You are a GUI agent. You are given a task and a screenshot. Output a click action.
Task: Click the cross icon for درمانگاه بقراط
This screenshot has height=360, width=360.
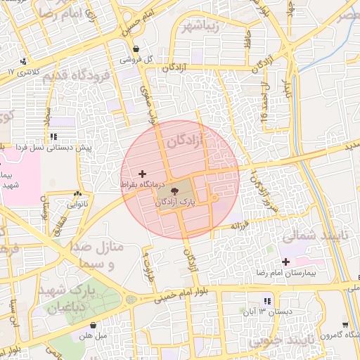tap(142, 173)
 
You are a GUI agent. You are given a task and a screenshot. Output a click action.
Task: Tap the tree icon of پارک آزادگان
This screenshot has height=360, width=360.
tap(172, 190)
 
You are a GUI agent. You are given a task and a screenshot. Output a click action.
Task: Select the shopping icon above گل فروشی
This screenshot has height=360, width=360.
tap(136, 49)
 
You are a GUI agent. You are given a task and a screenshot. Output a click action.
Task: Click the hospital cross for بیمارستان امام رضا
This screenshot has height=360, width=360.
tap(285, 262)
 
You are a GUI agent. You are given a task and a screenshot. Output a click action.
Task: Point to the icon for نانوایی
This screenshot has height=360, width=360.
tap(77, 194)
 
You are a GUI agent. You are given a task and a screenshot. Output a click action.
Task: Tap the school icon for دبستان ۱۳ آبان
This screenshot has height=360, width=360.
tap(266, 300)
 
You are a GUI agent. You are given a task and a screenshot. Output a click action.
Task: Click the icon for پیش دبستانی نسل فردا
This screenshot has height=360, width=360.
tap(54, 136)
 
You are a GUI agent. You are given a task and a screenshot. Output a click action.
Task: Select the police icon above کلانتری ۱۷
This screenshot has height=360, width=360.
tap(25, 62)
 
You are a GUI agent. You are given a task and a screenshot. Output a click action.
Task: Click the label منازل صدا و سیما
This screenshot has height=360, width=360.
tap(96, 256)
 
